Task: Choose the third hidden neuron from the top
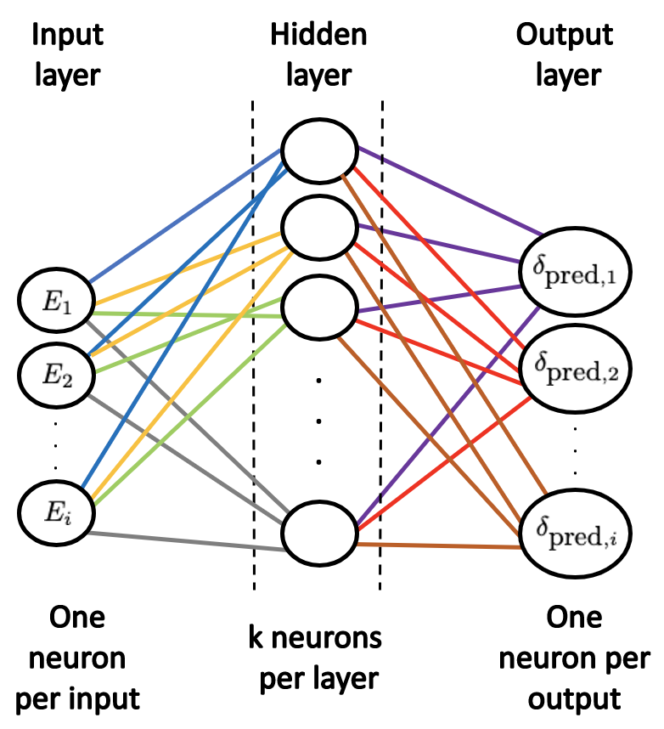(319, 308)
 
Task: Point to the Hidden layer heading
(318, 55)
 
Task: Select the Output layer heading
(565, 55)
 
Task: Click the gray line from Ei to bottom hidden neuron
(187, 541)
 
